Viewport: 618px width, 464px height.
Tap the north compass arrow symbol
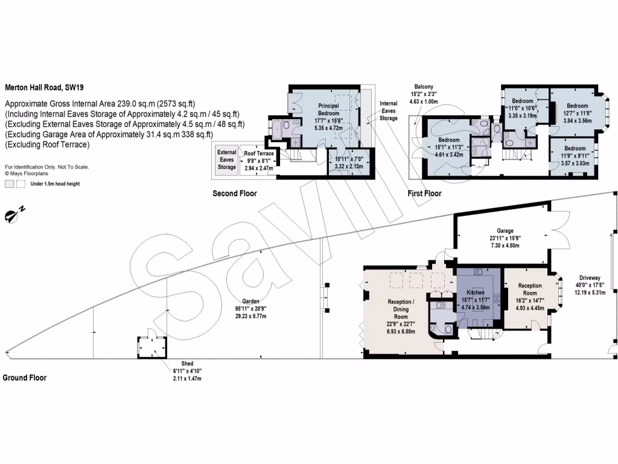pos(15,213)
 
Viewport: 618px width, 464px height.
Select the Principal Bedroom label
pos(328,109)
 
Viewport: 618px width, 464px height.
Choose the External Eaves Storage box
pos(227,159)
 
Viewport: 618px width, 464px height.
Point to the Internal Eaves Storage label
pos(389,111)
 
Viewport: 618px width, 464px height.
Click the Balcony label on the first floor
pos(424,87)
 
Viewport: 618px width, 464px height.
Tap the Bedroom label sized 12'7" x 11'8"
pos(570,105)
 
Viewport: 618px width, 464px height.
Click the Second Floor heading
pos(234,193)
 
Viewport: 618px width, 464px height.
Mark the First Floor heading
pos(424,193)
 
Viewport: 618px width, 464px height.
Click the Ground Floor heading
pos(24,378)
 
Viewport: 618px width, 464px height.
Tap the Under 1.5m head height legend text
pos(55,184)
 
